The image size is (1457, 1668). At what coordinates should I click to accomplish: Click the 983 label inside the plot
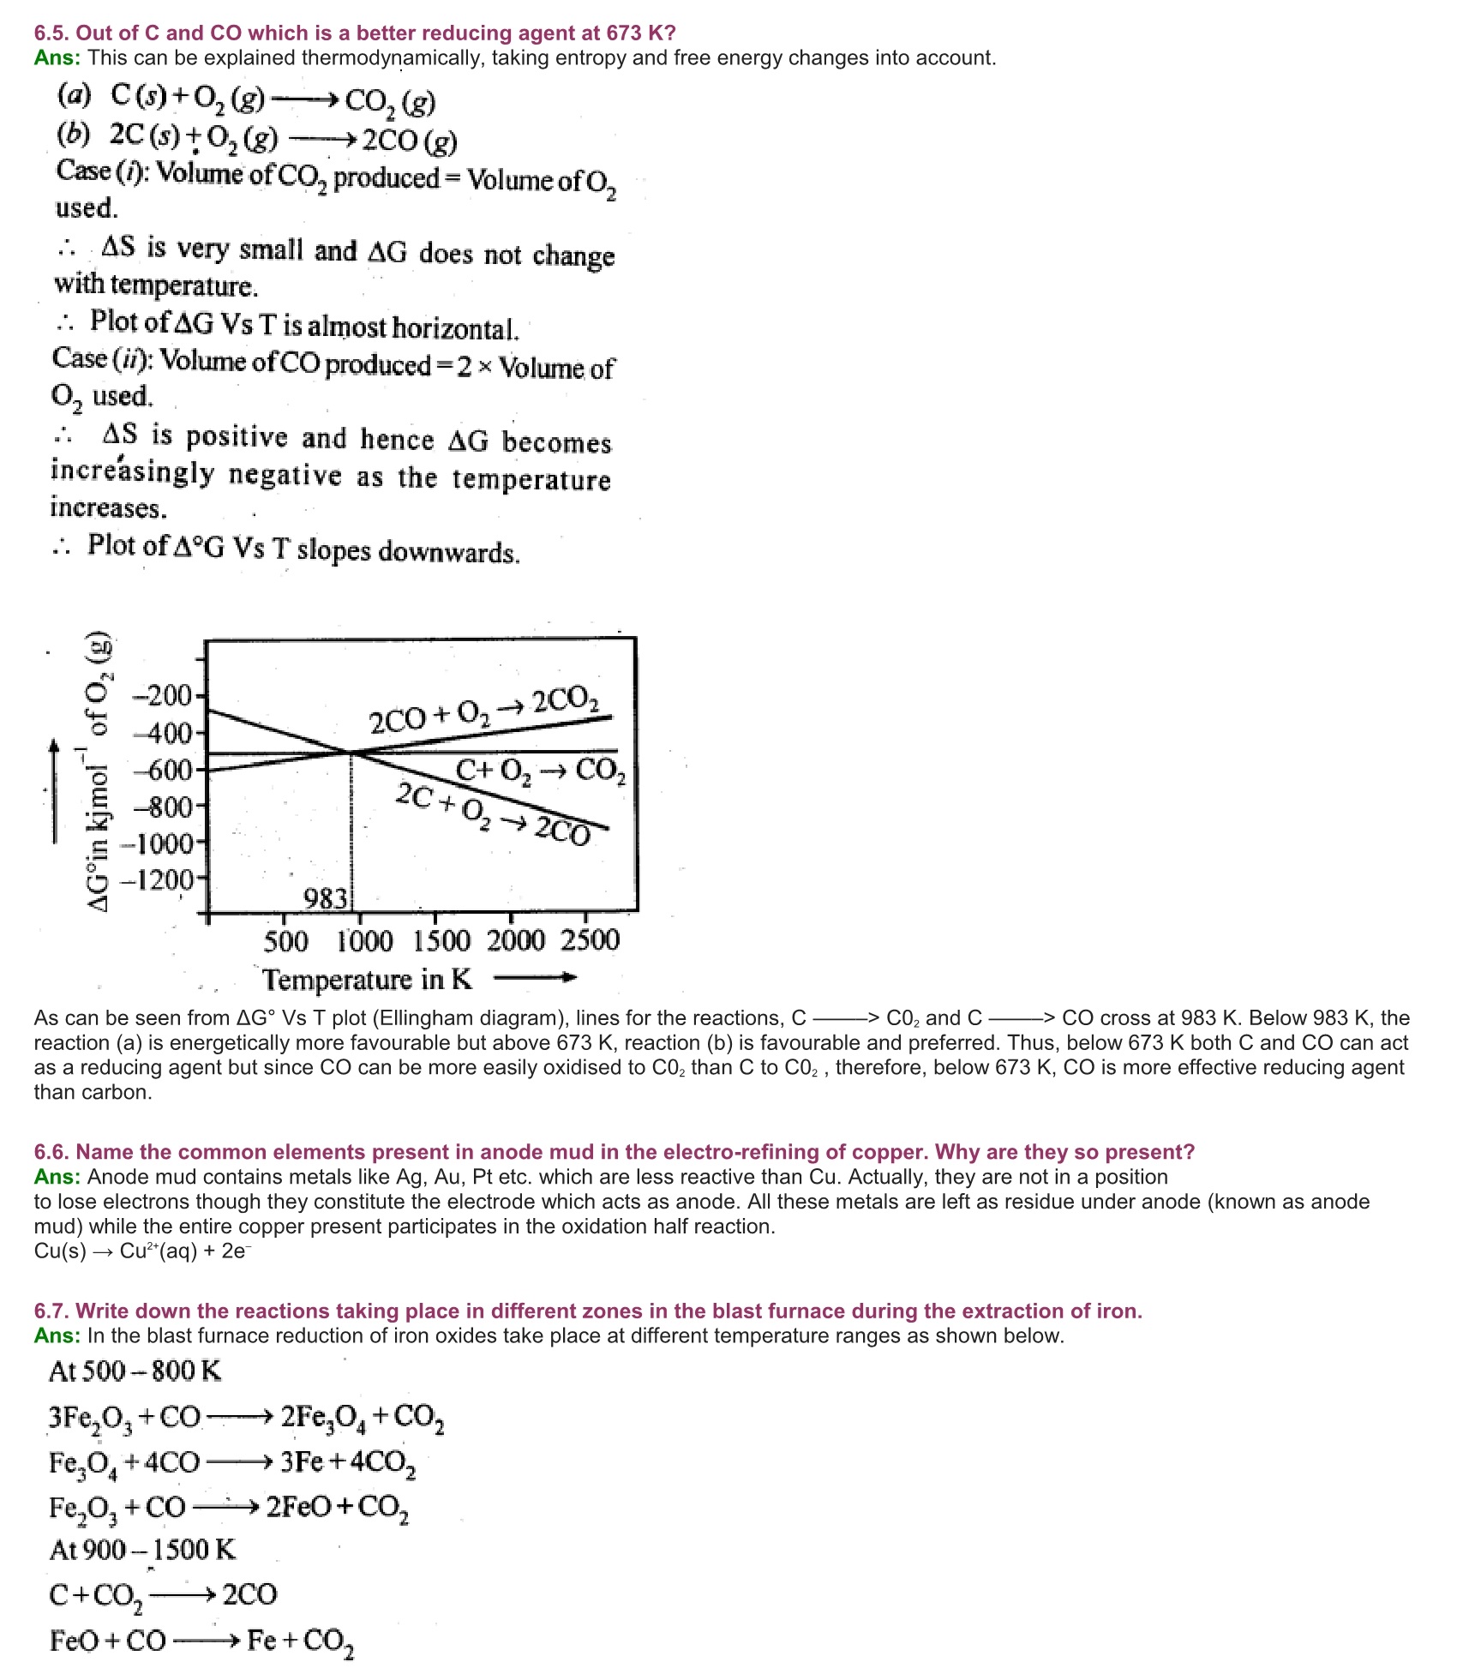327,898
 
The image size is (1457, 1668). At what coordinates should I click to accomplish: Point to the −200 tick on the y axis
165,694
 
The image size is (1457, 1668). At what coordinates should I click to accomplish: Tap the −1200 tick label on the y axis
161,879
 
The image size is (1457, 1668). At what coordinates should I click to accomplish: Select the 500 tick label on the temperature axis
285,941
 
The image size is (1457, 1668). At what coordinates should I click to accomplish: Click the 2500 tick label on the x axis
590,940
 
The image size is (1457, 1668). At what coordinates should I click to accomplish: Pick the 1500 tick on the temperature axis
441,941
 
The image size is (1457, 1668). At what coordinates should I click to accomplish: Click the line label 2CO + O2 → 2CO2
484,711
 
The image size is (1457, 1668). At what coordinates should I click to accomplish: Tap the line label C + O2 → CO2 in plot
540,771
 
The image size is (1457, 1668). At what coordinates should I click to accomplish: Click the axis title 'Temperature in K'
367,979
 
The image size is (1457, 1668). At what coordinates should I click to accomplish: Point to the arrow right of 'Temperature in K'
535,977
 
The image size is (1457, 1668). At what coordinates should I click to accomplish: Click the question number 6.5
51,33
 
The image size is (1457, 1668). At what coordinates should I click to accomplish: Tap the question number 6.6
51,1152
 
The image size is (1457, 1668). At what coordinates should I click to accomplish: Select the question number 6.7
51,1311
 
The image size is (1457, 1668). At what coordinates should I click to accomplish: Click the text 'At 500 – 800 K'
135,1371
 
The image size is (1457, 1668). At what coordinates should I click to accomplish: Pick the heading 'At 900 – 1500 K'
142,1550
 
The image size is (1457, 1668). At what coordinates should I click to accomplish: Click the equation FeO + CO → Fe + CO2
201,1641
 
